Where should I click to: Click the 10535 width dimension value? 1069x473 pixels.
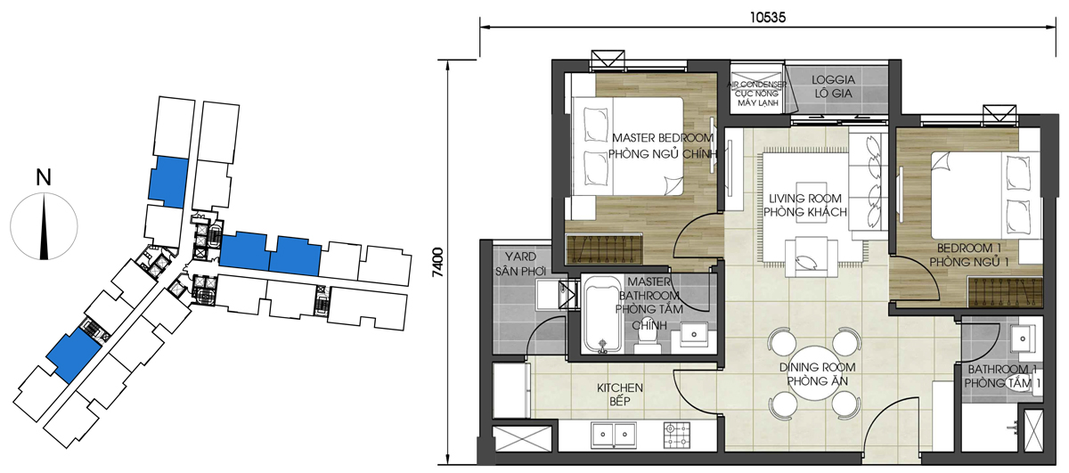[767, 18]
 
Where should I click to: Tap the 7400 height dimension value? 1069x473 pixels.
[437, 262]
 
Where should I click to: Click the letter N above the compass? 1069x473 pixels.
[44, 177]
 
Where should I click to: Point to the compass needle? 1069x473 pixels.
[44, 226]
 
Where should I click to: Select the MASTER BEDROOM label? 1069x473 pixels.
[663, 138]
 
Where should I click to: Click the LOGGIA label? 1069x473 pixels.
[833, 79]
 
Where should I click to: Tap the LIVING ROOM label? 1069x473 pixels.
[805, 198]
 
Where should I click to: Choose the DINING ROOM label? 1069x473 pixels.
[817, 367]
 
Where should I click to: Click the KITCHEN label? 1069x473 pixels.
[620, 387]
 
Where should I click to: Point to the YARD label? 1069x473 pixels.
[520, 257]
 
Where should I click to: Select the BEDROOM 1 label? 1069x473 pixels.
[969, 249]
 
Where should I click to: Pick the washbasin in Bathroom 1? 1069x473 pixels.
[1023, 338]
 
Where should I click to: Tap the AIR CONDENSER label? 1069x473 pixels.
[757, 85]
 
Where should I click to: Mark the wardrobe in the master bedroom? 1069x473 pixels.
[604, 249]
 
